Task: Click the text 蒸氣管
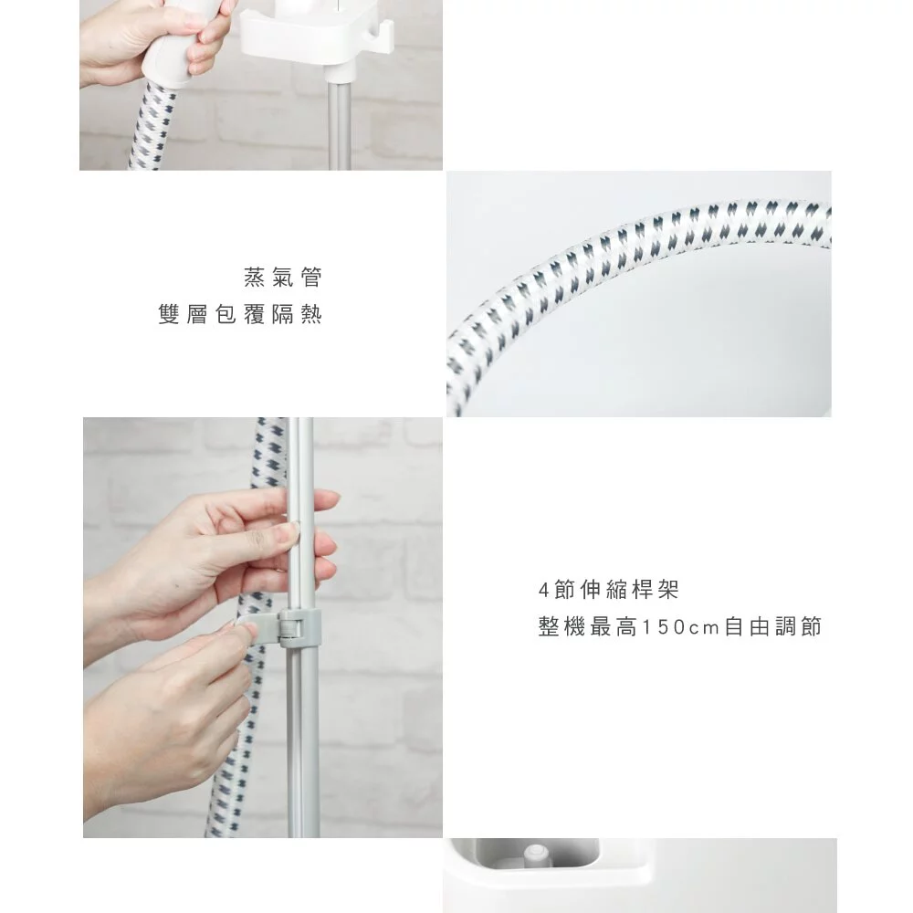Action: pos(283,275)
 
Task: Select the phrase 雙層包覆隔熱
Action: pos(240,316)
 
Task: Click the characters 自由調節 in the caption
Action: pos(772,628)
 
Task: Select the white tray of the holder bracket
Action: pos(301,41)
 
